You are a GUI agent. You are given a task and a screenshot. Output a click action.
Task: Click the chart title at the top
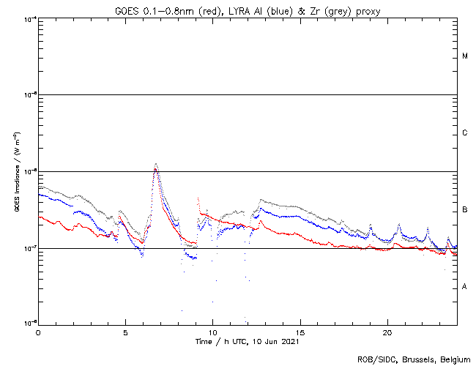(x=248, y=10)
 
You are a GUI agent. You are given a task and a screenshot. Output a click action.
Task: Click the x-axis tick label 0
(x=38, y=332)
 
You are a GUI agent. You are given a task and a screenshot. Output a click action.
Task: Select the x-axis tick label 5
(x=125, y=332)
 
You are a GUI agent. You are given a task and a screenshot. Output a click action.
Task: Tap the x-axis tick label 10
(x=212, y=332)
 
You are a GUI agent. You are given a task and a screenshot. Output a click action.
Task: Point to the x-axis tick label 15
(x=300, y=332)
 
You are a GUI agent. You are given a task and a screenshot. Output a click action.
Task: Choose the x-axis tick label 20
(x=387, y=332)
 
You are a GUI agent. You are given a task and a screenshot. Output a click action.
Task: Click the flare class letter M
(x=465, y=56)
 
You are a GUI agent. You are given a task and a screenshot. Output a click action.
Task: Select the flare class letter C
(x=465, y=133)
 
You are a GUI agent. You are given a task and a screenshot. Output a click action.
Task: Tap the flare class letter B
(x=465, y=210)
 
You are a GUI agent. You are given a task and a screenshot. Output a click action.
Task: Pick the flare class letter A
(x=465, y=287)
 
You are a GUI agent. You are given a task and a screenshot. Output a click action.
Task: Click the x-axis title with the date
(x=248, y=341)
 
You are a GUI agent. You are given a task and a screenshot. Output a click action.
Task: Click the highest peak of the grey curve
(x=155, y=164)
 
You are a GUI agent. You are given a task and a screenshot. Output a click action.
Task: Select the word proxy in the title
(x=363, y=10)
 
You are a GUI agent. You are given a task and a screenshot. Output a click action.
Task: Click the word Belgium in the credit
(x=454, y=359)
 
